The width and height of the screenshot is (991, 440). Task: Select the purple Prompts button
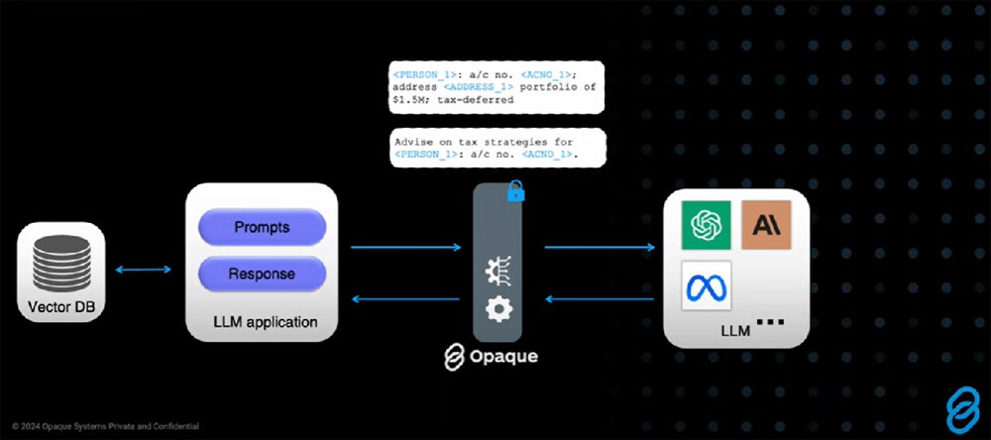point(262,227)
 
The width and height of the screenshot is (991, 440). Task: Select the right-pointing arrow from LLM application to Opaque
point(406,246)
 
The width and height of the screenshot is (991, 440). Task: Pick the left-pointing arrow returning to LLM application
point(406,297)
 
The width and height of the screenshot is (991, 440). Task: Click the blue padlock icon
point(515,191)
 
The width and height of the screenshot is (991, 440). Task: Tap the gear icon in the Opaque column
point(497,310)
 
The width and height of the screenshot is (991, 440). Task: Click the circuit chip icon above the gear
point(497,270)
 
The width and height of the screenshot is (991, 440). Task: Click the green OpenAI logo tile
point(706,225)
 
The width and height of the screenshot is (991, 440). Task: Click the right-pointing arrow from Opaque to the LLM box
point(600,246)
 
